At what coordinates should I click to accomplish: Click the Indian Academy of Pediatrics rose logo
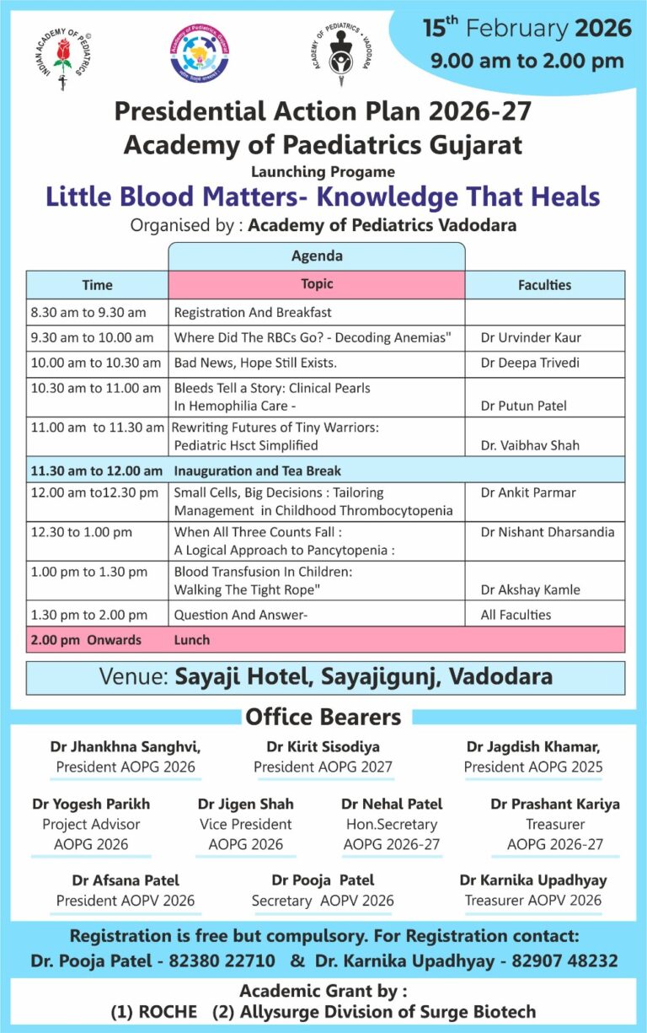[61, 56]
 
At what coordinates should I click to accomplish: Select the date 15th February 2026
[527, 28]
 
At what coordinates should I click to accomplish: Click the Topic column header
[317, 284]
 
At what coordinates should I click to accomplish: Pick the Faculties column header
[544, 285]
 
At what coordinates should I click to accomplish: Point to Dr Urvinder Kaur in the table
[531, 337]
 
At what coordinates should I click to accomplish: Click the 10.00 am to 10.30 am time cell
[96, 363]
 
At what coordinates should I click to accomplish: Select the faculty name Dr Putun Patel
[523, 406]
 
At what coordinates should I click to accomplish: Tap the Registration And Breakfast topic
[253, 312]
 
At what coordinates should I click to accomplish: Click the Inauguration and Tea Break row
[257, 471]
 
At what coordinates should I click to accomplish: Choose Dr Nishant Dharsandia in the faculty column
[547, 532]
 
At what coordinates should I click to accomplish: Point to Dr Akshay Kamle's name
[530, 589]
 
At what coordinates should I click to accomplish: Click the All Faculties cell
[516, 615]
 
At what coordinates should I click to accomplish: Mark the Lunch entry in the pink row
[191, 640]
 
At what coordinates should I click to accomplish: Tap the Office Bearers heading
[323, 717]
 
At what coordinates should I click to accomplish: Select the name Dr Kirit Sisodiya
[323, 747]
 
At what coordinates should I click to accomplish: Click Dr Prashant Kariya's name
[554, 804]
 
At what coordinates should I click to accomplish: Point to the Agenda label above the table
[317, 256]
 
